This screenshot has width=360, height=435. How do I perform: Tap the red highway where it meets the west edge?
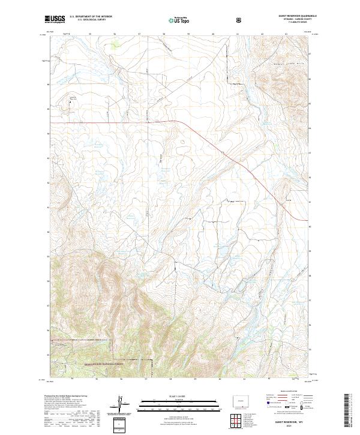(x=52, y=122)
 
